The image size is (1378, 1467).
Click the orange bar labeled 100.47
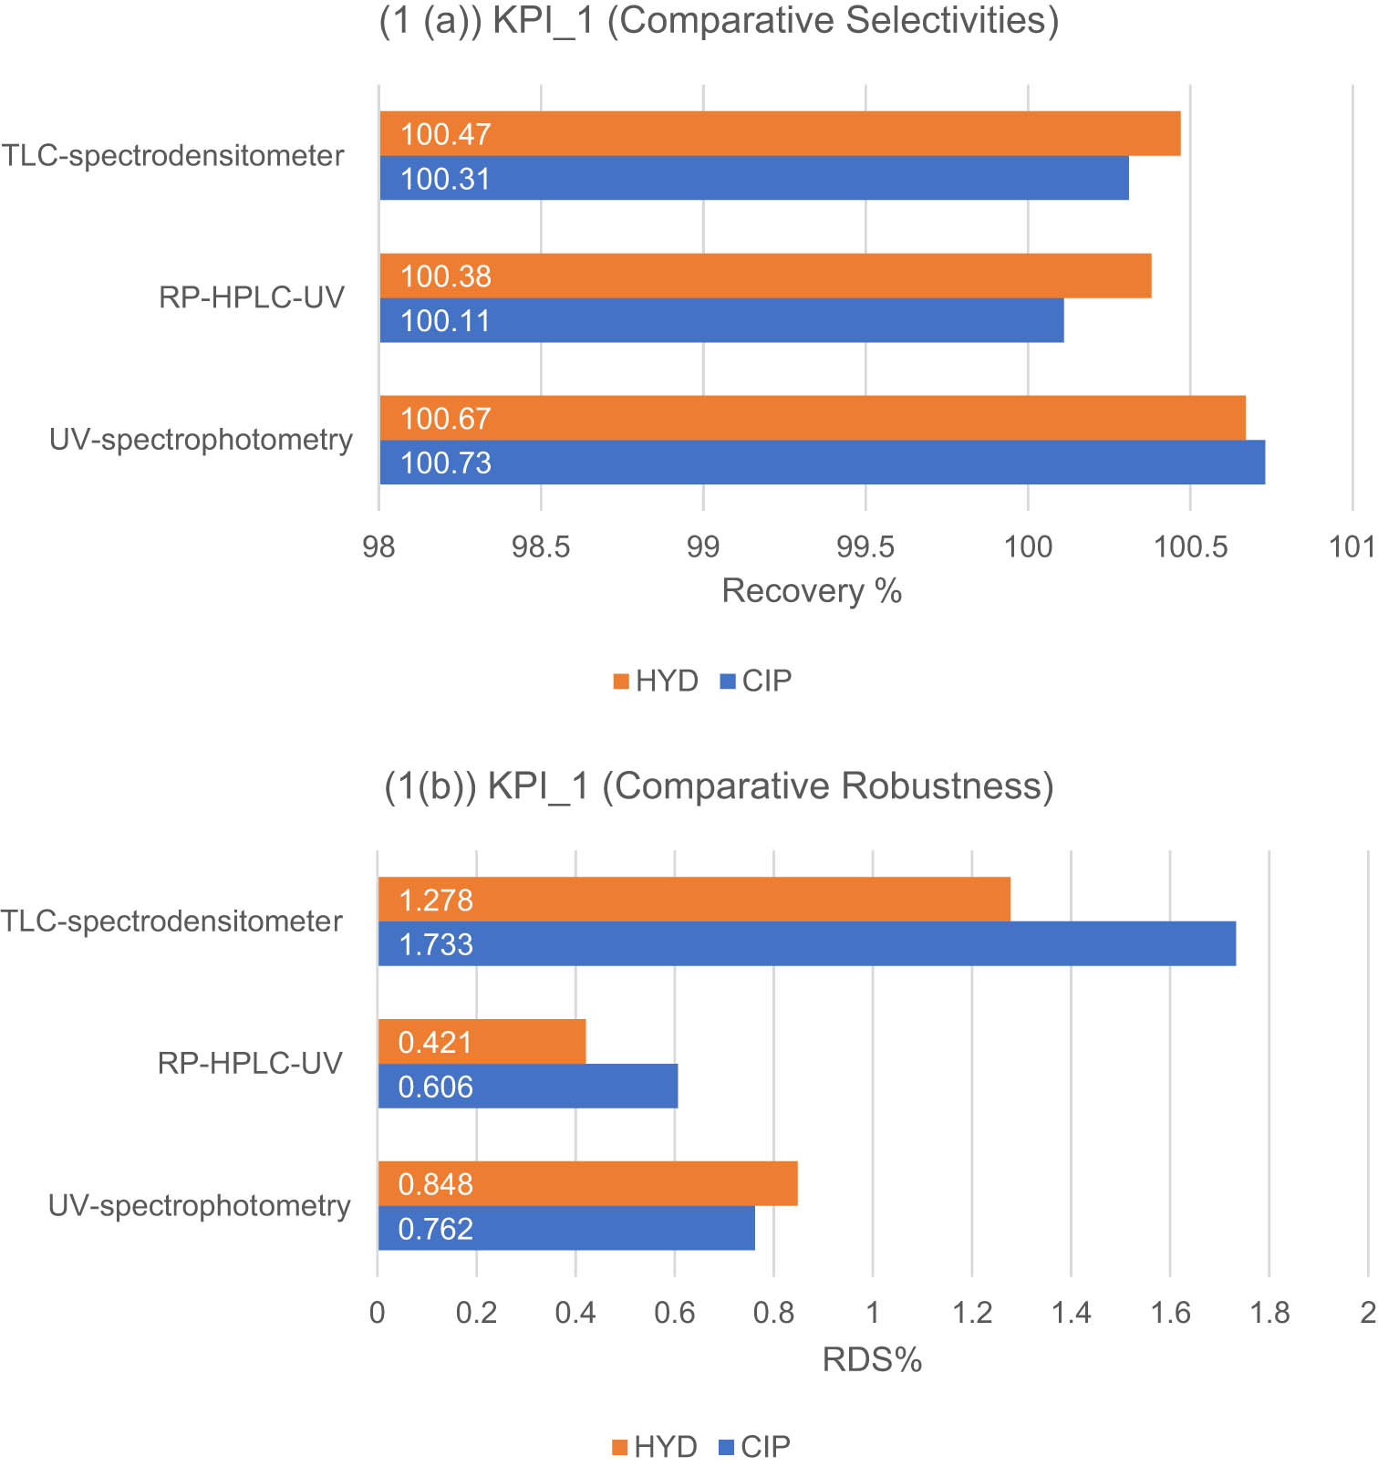tap(780, 134)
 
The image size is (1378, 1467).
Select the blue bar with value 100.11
tap(720, 321)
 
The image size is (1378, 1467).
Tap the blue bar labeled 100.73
tap(821, 463)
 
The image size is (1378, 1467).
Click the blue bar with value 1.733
tap(807, 944)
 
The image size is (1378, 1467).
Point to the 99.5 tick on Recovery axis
tap(865, 546)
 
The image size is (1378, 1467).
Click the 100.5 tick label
tap(1190, 546)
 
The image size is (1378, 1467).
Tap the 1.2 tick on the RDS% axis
tap(972, 1313)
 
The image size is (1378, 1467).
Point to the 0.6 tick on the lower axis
tap(675, 1313)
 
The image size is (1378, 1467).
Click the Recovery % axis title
tap(812, 591)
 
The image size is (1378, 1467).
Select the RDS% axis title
tap(872, 1360)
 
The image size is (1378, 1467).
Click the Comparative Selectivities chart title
tap(719, 20)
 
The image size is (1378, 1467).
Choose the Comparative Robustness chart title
tap(719, 786)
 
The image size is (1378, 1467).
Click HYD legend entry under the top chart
tap(657, 681)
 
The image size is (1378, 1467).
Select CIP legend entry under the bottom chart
tap(755, 1447)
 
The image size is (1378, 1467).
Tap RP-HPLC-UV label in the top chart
tap(252, 297)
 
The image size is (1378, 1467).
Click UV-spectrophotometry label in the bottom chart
tap(200, 1206)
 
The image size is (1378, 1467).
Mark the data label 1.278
tap(436, 900)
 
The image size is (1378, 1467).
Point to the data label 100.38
tap(445, 276)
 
